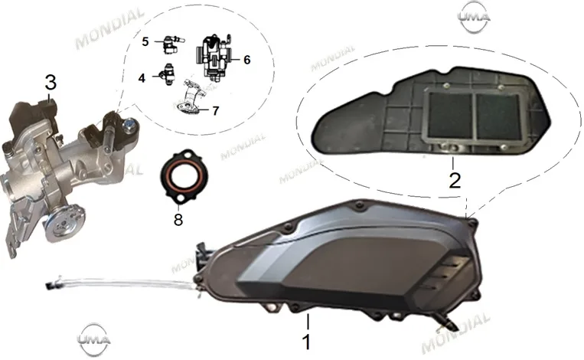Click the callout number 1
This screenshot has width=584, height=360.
306,342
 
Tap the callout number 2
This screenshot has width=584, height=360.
455,180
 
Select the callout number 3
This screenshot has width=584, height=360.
51,83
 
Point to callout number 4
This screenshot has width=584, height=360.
142,78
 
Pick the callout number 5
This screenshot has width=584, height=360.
145,41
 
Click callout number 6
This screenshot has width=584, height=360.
247,60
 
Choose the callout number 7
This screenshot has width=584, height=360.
216,111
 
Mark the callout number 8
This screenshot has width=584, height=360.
178,220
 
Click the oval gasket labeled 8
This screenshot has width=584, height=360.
161,175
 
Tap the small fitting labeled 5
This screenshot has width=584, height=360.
172,43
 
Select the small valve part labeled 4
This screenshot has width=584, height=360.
168,74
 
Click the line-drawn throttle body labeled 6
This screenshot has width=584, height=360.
214,57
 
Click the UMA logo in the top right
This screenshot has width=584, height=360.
473,17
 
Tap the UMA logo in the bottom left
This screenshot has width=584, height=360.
93,339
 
